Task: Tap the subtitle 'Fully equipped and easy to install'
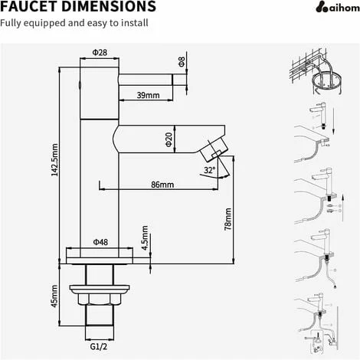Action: (x=74, y=23)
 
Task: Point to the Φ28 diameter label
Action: (x=99, y=54)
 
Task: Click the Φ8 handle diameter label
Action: (x=182, y=61)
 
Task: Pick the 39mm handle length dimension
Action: (x=148, y=95)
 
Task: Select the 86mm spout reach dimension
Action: (x=162, y=185)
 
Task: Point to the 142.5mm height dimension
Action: (x=54, y=162)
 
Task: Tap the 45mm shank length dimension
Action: (x=54, y=293)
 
